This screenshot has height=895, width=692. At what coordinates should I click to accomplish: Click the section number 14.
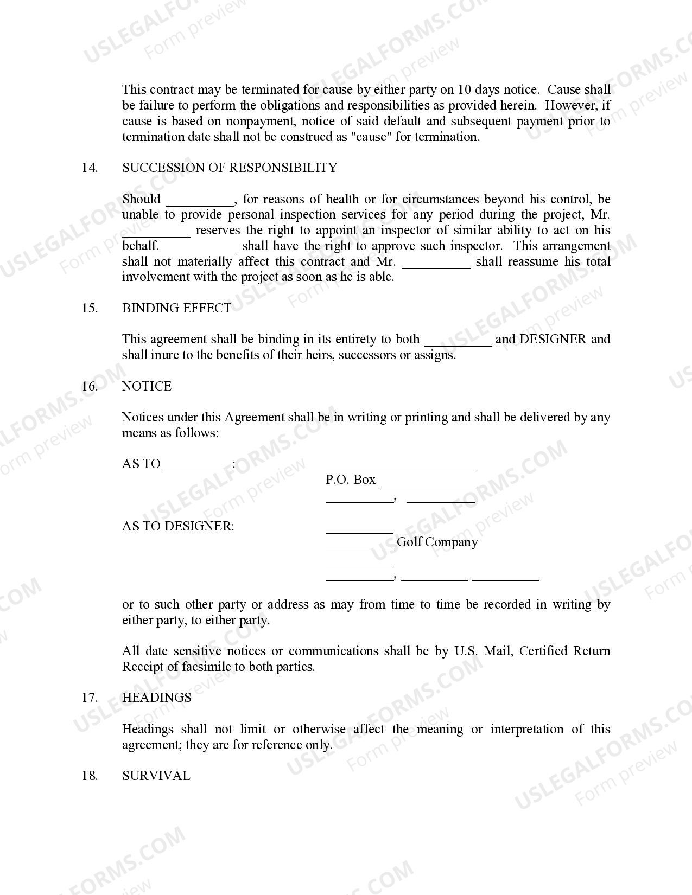[x=90, y=168]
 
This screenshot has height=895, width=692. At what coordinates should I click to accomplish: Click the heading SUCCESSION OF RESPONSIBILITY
[x=230, y=168]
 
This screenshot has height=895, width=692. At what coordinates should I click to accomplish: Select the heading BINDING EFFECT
[x=176, y=308]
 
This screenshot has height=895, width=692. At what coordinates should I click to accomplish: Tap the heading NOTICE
[x=147, y=386]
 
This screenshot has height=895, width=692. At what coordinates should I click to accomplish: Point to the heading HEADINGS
[x=156, y=698]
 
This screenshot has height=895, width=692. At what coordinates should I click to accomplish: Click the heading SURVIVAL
[x=156, y=776]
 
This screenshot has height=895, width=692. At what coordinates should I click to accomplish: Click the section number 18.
[x=90, y=776]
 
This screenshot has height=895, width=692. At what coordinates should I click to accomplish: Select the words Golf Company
[x=437, y=542]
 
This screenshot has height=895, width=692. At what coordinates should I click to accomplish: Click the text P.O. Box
[x=350, y=480]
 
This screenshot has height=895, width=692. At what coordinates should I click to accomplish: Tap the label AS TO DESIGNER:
[x=178, y=526]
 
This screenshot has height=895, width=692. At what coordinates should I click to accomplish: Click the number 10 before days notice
[x=464, y=90]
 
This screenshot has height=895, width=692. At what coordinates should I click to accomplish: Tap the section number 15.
[x=90, y=308]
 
